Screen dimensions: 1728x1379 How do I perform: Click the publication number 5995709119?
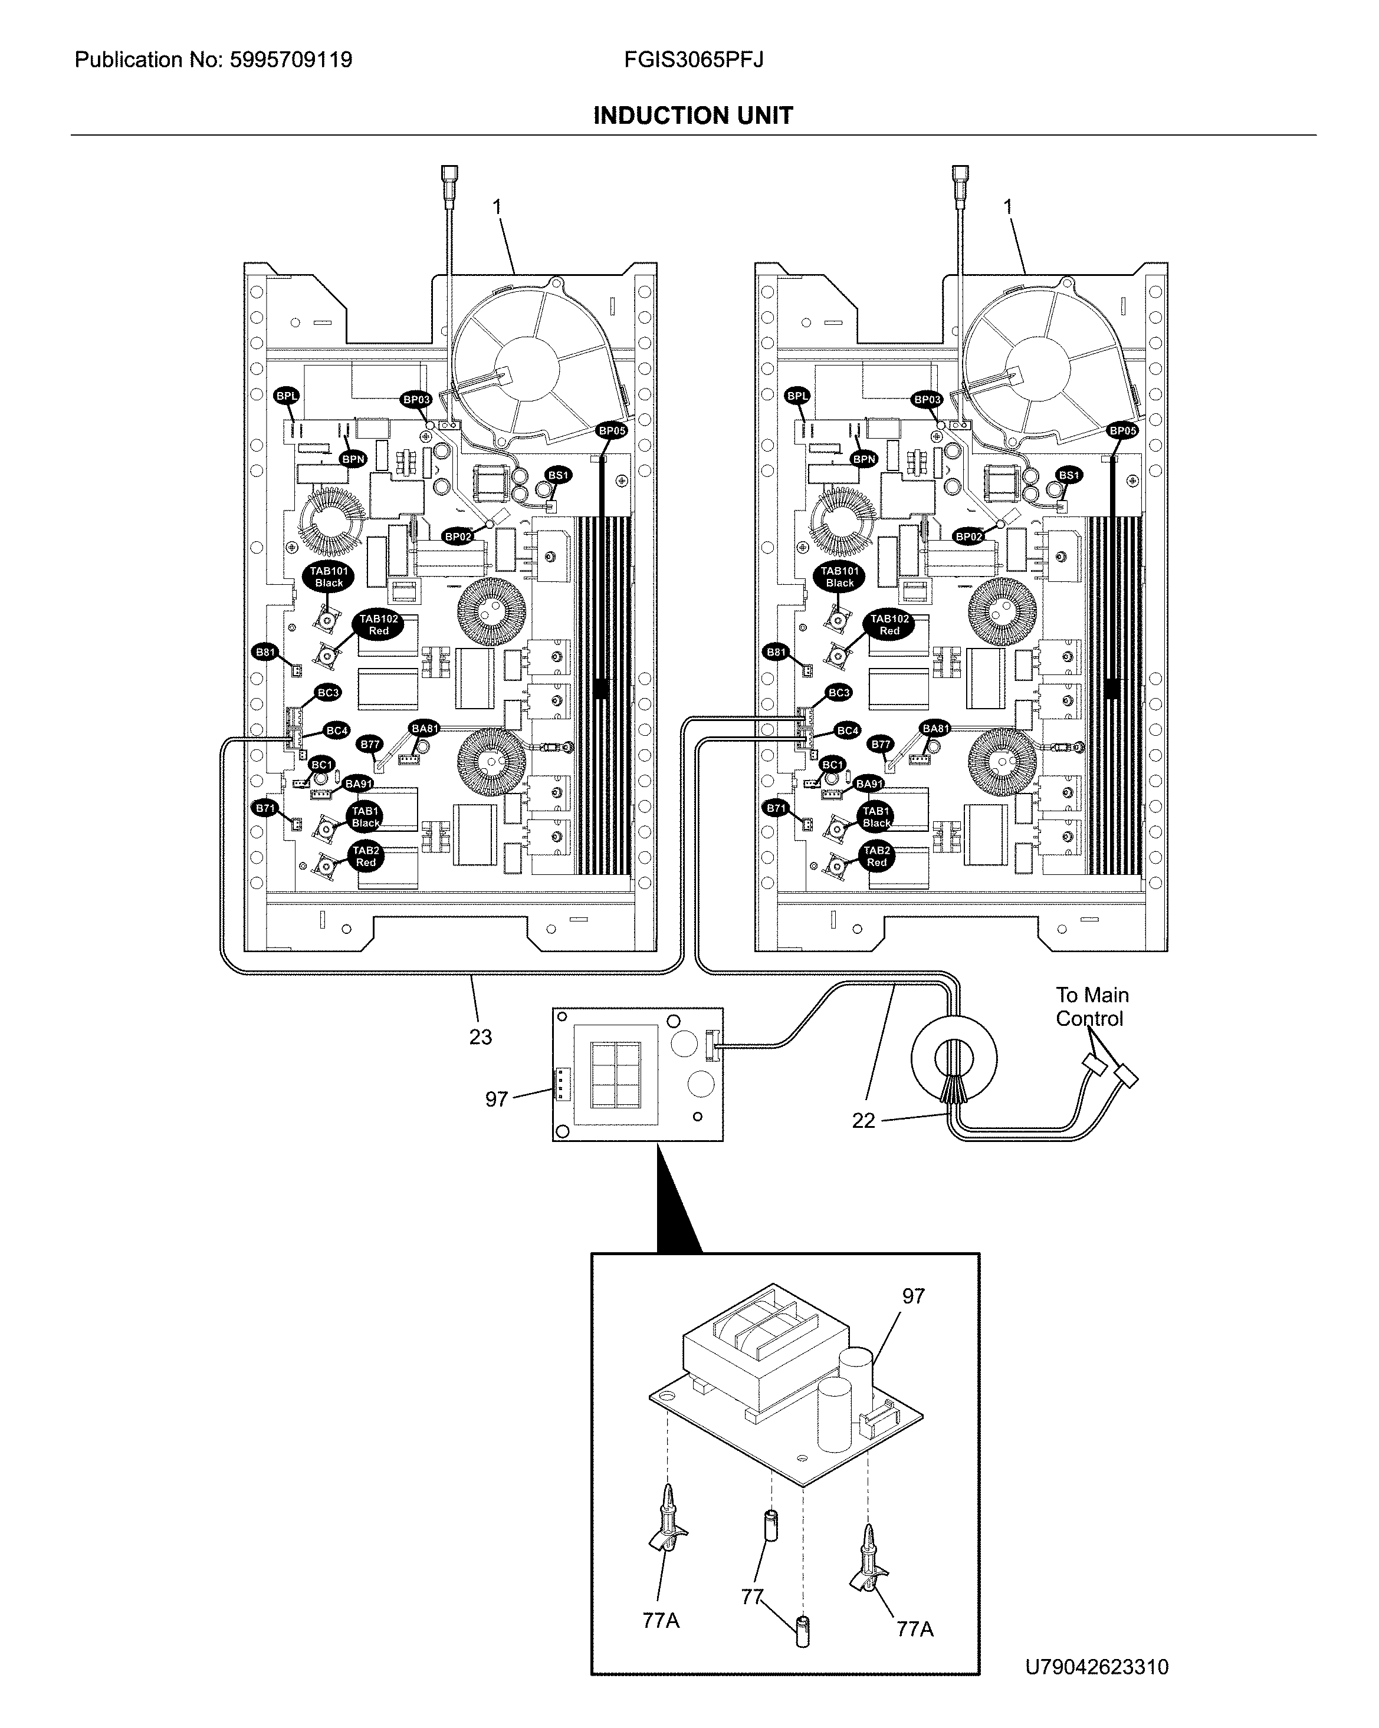click(290, 60)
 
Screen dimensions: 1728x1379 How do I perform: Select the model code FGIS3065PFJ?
click(694, 60)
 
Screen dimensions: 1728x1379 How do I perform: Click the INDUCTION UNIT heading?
click(692, 116)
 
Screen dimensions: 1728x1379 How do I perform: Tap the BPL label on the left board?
click(286, 396)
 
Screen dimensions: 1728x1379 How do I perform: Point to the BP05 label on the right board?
click(1122, 430)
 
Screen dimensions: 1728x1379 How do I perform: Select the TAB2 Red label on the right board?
click(876, 856)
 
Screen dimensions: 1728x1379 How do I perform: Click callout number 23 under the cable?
click(480, 1036)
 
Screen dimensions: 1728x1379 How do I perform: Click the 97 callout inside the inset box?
click(913, 1296)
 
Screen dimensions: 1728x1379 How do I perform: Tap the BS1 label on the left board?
click(558, 475)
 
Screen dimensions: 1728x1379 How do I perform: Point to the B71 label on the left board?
click(265, 808)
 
